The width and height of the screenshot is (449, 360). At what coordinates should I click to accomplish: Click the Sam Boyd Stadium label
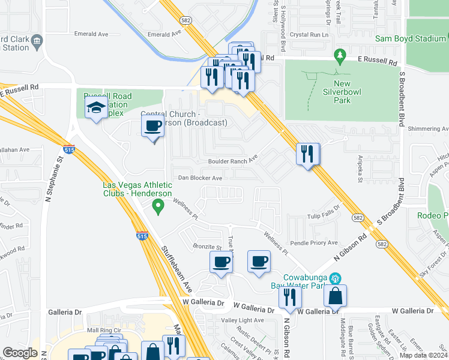point(410,38)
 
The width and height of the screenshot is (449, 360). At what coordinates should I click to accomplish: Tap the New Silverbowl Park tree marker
point(340,57)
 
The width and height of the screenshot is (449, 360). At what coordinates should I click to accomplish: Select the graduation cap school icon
point(96,109)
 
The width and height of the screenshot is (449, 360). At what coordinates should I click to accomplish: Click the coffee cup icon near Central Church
point(152,127)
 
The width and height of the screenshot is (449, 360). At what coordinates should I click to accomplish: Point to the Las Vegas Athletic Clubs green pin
point(158,207)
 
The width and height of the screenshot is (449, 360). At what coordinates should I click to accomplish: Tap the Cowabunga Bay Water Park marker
point(335,278)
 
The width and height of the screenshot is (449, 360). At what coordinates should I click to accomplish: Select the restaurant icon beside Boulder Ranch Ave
point(308,154)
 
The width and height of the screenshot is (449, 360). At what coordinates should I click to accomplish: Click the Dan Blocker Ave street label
point(200,178)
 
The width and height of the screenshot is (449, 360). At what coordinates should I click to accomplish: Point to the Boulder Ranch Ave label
point(233,161)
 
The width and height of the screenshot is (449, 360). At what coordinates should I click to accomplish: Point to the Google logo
point(20,353)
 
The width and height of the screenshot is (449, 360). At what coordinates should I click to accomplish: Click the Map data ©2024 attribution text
point(423,355)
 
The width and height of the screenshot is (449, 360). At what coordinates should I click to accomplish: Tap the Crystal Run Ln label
point(309,35)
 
